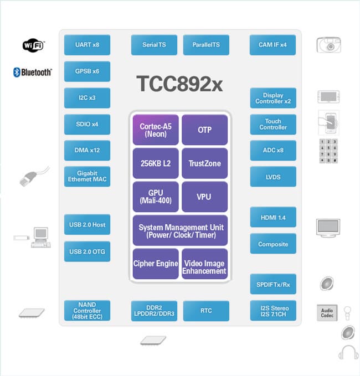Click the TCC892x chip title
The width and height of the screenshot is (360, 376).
[179, 84]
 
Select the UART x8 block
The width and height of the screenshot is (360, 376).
[87, 45]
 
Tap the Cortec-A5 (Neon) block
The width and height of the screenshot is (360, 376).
[156, 130]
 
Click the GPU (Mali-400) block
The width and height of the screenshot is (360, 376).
[156, 197]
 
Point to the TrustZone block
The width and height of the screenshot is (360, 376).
[204, 163]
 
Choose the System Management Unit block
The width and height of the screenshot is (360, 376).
[180, 231]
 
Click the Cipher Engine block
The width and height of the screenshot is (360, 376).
[156, 264]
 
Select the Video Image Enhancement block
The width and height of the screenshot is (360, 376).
[204, 267]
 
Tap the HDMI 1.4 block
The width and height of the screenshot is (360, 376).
[273, 218]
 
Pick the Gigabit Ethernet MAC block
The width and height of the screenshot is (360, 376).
[87, 176]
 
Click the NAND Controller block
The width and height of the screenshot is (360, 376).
[87, 311]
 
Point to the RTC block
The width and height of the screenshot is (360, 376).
[206, 311]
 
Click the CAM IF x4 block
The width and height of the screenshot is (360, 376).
[273, 45]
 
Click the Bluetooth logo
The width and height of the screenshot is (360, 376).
[33, 72]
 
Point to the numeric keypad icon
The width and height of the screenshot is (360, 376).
[328, 151]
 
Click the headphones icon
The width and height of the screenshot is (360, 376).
[348, 352]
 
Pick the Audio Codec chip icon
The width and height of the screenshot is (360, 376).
[327, 313]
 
